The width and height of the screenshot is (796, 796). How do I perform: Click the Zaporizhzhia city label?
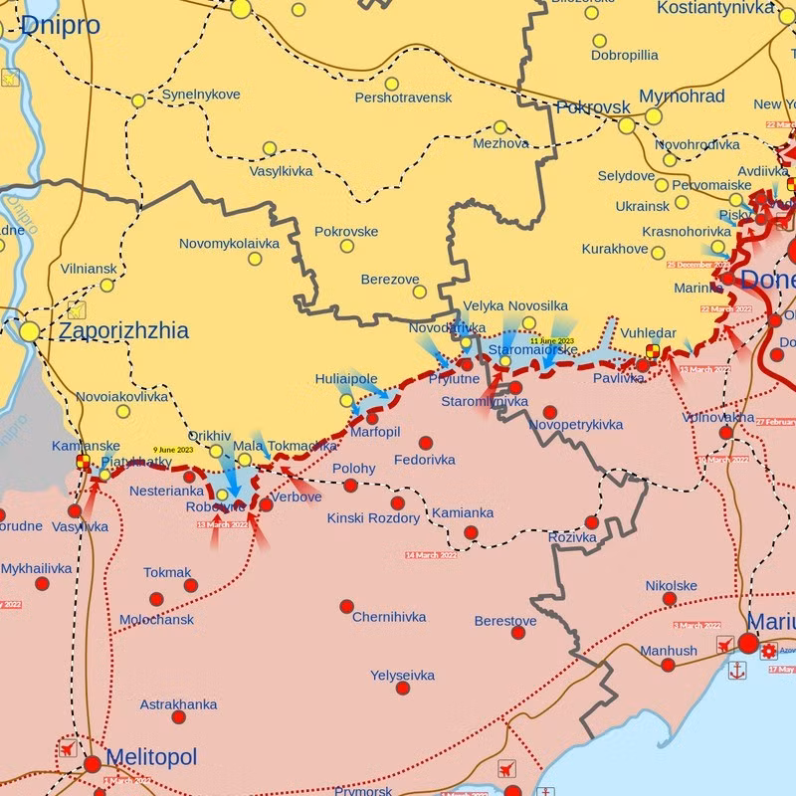123,330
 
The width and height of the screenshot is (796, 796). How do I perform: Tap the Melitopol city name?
150,757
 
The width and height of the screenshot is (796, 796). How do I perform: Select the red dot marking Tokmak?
190,585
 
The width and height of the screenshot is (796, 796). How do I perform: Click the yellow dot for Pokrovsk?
627,125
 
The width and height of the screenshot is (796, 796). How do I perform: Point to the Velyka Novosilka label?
515,305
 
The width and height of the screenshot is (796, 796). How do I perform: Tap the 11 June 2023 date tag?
552,341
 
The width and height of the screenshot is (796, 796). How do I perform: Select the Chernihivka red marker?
346,606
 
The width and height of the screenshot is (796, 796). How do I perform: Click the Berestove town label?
505,621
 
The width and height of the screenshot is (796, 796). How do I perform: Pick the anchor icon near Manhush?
737,671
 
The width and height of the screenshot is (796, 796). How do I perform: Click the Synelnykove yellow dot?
138,100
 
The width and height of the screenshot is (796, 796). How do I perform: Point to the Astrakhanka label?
178,704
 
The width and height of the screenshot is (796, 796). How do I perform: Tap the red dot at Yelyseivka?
402,688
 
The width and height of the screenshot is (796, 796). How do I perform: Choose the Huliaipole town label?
346,379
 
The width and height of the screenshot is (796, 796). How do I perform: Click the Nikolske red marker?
670,599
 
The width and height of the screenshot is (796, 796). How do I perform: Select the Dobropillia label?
624,56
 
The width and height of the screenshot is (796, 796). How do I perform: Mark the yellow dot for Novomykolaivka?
255,259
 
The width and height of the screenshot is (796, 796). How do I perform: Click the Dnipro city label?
60,25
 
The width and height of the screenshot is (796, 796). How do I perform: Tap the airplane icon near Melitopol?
68,749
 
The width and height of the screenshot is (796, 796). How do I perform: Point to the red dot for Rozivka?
592,522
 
